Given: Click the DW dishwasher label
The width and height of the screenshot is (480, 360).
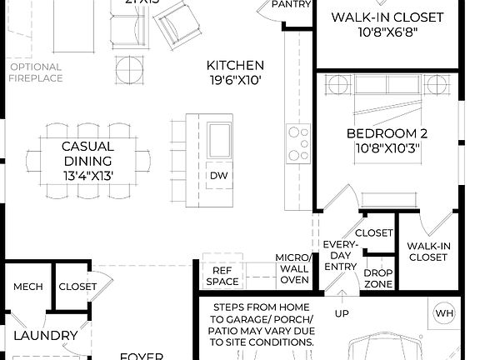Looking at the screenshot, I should pyautogui.click(x=218, y=175).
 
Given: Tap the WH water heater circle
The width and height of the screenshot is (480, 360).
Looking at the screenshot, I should pyautogui.click(x=444, y=313).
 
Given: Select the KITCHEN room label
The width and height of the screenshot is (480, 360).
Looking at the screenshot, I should pyautogui.click(x=236, y=65).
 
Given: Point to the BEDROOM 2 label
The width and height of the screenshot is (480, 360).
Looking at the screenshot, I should pyautogui.click(x=382, y=134).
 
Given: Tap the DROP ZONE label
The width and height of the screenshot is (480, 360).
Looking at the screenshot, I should pyautogui.click(x=378, y=278).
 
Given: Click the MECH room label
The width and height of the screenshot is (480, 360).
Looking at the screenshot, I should pyautogui.click(x=27, y=287).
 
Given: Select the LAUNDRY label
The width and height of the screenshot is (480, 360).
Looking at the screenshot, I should pyautogui.click(x=45, y=336).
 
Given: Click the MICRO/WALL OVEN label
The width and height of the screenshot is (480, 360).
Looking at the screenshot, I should pyautogui.click(x=293, y=268).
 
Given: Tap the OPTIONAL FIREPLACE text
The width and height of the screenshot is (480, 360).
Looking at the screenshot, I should pyautogui.click(x=36, y=72).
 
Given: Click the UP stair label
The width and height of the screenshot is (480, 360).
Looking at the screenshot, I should pyautogui.click(x=342, y=314).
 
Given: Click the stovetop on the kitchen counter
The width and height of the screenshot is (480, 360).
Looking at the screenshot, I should pyautogui.click(x=297, y=143).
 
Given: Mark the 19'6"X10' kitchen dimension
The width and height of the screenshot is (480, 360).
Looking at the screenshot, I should pyautogui.click(x=236, y=82).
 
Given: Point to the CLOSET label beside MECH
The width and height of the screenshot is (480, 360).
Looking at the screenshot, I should pyautogui.click(x=77, y=287).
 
